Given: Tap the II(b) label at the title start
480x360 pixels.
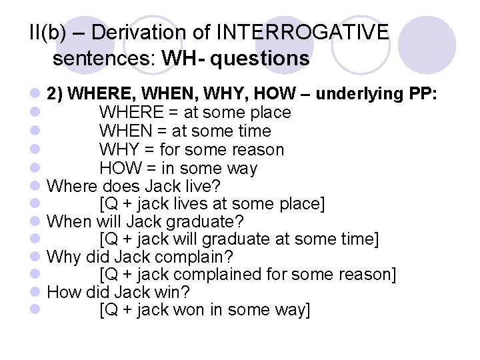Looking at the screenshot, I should [x=50, y=32].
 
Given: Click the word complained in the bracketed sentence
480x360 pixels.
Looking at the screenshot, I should [x=213, y=275].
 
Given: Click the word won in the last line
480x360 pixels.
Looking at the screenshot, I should [x=172, y=311].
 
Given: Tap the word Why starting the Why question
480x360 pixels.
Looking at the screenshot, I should [x=64, y=257].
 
